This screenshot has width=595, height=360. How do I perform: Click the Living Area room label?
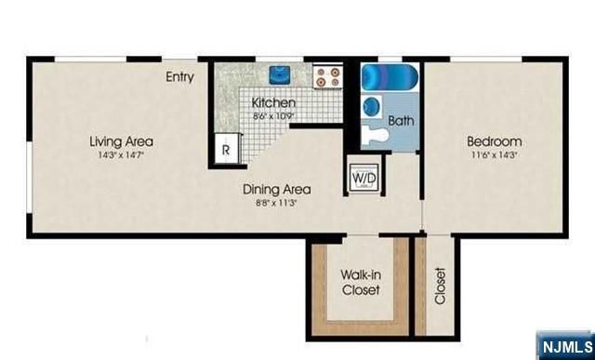121,141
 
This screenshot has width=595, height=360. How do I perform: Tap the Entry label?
179,77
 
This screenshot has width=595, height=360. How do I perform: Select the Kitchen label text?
273,102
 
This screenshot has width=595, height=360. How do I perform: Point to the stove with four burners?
326,75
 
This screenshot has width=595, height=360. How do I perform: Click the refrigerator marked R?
226,148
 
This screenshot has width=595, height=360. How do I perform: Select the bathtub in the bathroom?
390,75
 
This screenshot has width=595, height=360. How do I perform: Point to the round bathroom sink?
372,104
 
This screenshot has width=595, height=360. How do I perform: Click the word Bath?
401,121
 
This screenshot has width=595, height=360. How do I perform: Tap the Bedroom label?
493,141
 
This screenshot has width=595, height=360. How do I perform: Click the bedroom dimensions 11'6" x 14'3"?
493,155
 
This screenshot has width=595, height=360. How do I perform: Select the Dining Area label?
276,189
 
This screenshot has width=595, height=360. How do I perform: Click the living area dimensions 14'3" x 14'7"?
121,155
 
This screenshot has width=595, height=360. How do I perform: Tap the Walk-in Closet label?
359,282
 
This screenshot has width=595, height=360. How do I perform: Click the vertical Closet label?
440,287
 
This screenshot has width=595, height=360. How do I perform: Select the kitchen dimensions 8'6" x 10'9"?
273,116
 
